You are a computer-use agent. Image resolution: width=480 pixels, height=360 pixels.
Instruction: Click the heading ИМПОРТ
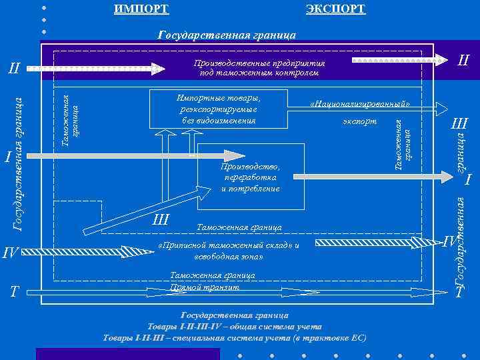point(141,9)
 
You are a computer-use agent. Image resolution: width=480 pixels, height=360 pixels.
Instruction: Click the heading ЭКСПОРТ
point(335,9)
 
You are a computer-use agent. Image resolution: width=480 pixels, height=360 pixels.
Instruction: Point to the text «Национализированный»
point(359,105)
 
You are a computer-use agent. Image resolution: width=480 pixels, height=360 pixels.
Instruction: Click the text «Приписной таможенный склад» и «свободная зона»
point(228,251)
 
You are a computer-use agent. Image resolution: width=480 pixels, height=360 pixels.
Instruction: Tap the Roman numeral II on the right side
point(463,61)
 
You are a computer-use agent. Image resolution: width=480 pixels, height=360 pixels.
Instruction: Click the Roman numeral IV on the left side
point(11,252)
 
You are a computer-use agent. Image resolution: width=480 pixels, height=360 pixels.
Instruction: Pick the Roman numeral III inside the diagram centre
point(160,220)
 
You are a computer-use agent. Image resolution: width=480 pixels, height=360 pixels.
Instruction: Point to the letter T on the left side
point(13,292)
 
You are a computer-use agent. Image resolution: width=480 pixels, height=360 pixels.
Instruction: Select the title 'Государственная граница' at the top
point(227,35)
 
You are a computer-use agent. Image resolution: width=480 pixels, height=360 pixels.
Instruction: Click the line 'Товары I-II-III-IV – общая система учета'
point(235,327)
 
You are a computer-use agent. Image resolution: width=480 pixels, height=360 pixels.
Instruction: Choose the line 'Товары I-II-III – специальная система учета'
point(235,338)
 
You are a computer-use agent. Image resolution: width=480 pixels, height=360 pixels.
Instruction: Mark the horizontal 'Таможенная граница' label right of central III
point(239,227)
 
